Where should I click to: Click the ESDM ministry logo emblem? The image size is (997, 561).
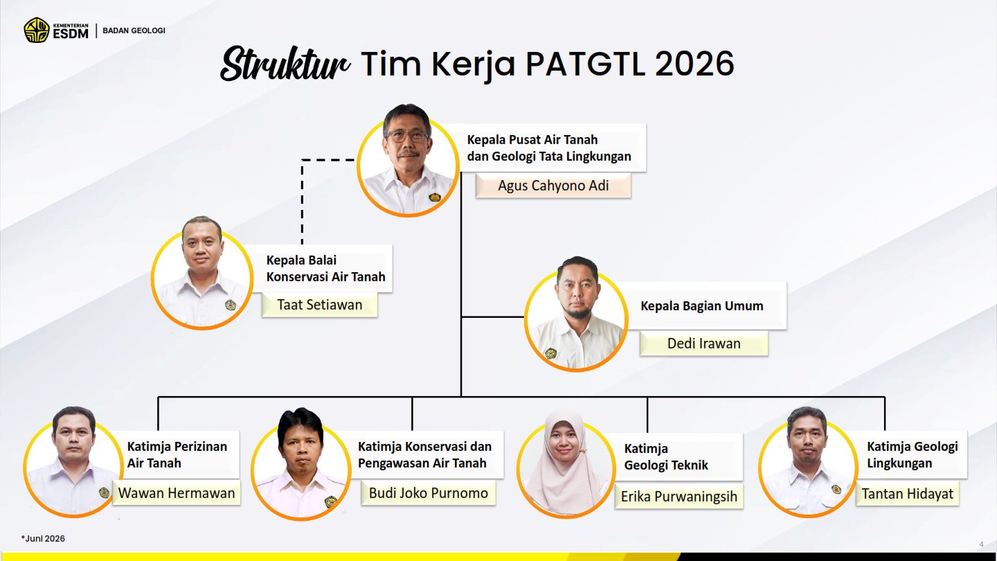[x=37, y=30]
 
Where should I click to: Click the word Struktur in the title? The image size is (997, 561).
[x=285, y=64]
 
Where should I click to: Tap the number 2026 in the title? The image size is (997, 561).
[x=694, y=63]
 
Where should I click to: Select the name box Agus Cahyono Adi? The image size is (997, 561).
[x=553, y=186]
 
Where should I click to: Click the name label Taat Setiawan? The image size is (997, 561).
[x=320, y=305]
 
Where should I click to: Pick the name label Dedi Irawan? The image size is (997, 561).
[x=703, y=344]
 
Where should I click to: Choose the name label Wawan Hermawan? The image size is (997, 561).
[x=177, y=493]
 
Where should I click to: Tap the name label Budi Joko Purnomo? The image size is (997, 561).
[x=428, y=493]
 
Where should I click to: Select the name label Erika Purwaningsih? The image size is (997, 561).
[x=679, y=497]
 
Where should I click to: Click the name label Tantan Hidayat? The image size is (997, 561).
[x=907, y=494]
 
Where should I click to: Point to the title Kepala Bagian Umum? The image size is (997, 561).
[x=702, y=306]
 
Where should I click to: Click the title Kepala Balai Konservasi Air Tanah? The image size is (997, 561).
[x=326, y=269]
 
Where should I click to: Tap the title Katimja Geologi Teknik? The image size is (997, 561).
[x=666, y=457]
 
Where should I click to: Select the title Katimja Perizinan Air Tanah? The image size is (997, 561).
[x=177, y=454]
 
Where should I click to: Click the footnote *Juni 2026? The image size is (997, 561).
[x=43, y=539]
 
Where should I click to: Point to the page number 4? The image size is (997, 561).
[x=982, y=544]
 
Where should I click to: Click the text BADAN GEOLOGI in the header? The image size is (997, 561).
[x=134, y=30]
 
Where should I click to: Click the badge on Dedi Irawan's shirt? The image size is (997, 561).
[x=550, y=353]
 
